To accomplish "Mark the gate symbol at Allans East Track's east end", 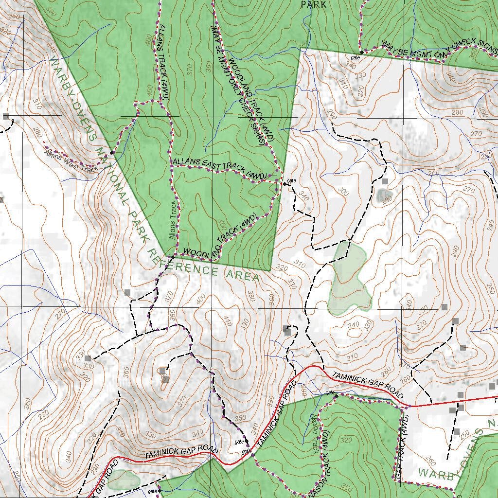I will (285, 184).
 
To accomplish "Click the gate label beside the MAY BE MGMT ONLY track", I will (356, 57).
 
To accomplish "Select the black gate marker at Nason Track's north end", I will (336, 397).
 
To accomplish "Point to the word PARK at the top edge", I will (313, 4).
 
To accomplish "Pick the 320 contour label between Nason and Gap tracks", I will (346, 440).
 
